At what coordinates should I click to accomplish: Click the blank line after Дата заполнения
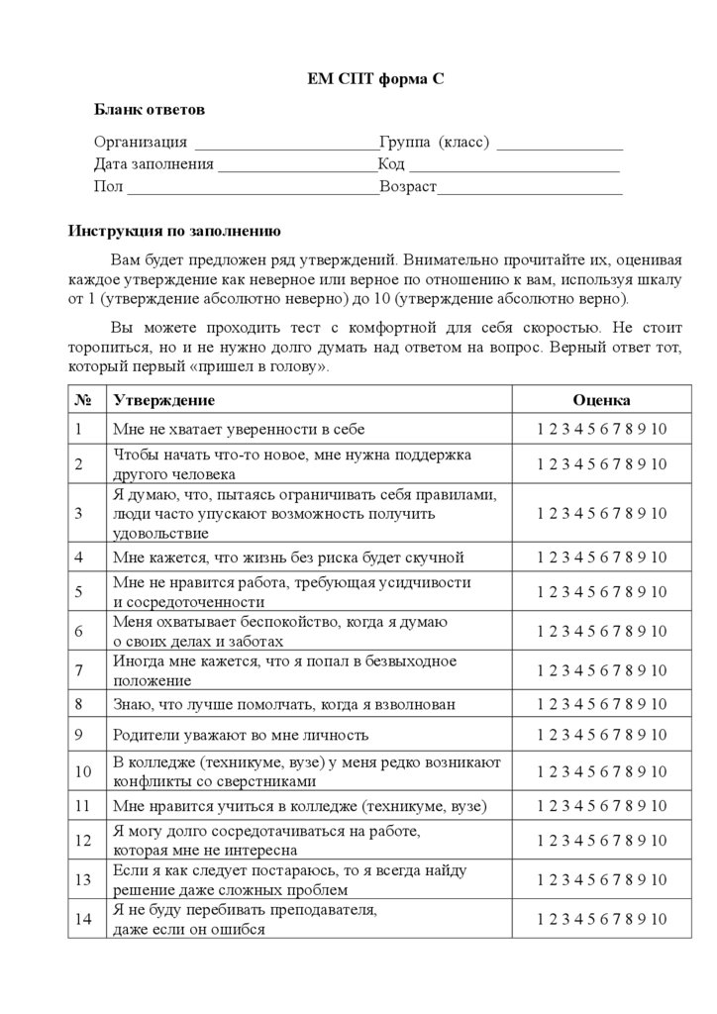[x=297, y=166]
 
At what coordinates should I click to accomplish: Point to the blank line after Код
[x=514, y=166]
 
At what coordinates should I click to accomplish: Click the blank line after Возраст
[x=530, y=188]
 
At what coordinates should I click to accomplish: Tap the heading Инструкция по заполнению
[x=174, y=232]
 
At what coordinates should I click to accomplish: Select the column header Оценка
[x=601, y=400]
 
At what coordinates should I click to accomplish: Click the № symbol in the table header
[x=83, y=400]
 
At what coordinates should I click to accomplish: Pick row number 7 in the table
[x=78, y=670]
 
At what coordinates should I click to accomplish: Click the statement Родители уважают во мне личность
[x=241, y=735]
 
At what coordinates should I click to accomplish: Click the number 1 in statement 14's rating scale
[x=541, y=919]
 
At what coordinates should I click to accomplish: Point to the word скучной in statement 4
[x=437, y=558]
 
